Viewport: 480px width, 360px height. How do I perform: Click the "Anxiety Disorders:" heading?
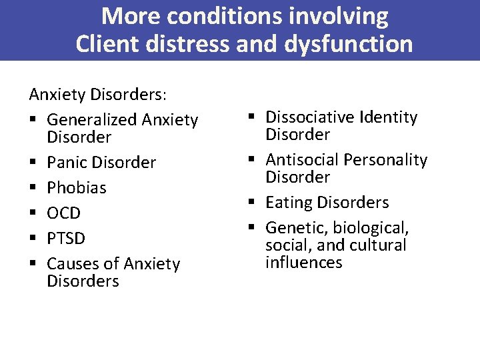(x=98, y=95)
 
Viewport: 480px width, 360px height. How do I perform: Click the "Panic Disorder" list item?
(x=101, y=163)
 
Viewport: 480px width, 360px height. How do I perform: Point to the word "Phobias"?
(x=77, y=188)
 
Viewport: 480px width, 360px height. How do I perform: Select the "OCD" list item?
(x=63, y=213)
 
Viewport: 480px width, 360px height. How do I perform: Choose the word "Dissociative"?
(x=309, y=117)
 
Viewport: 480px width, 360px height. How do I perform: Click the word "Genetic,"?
(x=294, y=228)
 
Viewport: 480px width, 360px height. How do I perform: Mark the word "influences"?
(x=304, y=262)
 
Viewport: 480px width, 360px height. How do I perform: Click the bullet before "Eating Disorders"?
(x=257, y=203)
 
